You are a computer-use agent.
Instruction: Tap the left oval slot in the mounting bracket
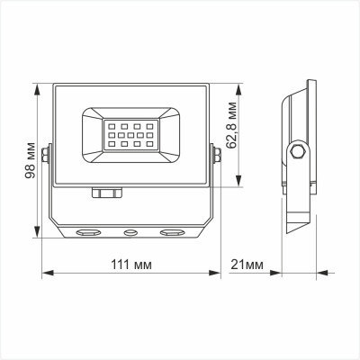click(87, 232)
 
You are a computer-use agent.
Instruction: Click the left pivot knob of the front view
click(46, 158)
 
